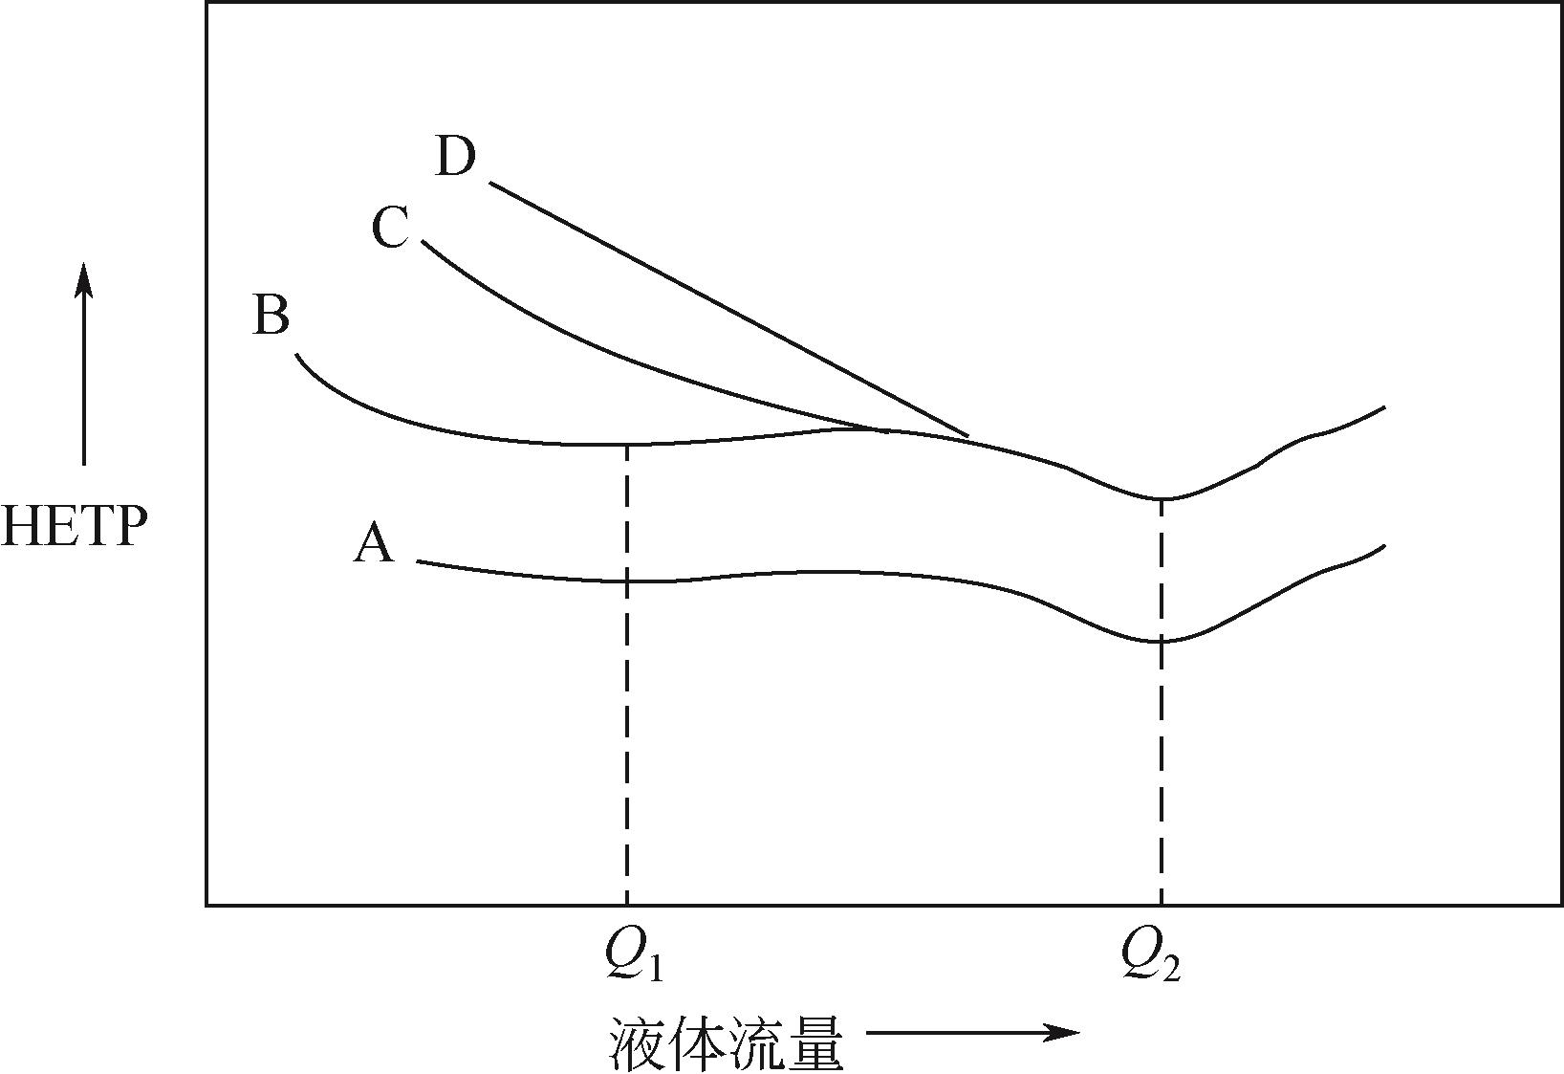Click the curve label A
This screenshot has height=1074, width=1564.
374,545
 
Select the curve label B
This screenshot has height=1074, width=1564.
271,315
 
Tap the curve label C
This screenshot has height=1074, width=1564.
390,230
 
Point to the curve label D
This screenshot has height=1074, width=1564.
455,157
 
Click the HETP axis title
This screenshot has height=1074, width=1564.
75,526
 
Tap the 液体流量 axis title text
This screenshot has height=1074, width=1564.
727,1044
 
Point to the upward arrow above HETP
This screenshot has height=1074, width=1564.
84,363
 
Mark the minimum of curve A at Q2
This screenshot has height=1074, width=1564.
1162,641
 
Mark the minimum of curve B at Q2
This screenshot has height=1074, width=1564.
1162,498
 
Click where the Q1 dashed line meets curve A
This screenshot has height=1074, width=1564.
627,581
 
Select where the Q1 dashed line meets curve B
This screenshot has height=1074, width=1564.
627,445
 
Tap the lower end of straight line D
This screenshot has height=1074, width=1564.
968,436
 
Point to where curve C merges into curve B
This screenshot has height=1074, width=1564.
880,429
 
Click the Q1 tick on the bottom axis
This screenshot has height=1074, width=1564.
627,904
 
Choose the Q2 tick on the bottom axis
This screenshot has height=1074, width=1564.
1162,904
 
